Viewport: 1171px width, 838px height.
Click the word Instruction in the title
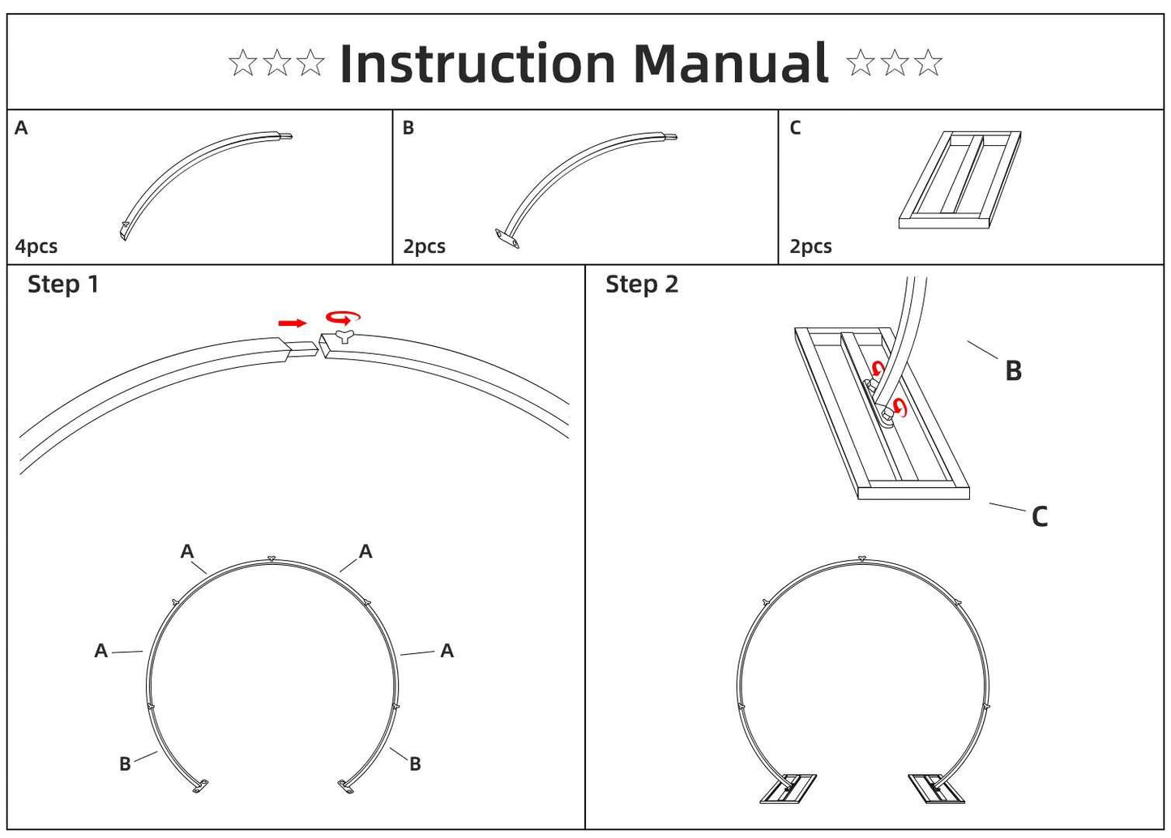pos(477,64)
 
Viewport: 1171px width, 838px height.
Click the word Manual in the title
pos(730,64)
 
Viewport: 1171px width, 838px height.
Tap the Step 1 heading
pos(63,284)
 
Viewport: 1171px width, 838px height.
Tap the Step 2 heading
pos(641,284)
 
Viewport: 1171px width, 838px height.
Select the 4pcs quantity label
pos(36,246)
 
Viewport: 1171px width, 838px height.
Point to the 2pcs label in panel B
pos(424,246)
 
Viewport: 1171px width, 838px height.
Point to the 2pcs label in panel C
pos(810,246)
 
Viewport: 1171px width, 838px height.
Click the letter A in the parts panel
pos(21,128)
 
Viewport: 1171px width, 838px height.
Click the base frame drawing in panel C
pos(959,179)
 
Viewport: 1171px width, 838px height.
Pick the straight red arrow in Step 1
pos(292,323)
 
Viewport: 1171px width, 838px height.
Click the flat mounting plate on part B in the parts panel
pos(506,237)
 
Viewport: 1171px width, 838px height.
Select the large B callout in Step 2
pos(1013,370)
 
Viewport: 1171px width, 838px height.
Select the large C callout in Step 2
pos(1040,516)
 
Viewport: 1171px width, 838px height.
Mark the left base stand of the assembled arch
pos(789,789)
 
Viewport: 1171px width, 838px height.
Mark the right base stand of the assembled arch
pos(937,789)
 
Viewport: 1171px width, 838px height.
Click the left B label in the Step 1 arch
pos(125,764)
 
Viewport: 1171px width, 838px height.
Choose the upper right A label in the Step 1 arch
pos(365,552)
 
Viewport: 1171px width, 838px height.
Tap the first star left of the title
pos(242,62)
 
